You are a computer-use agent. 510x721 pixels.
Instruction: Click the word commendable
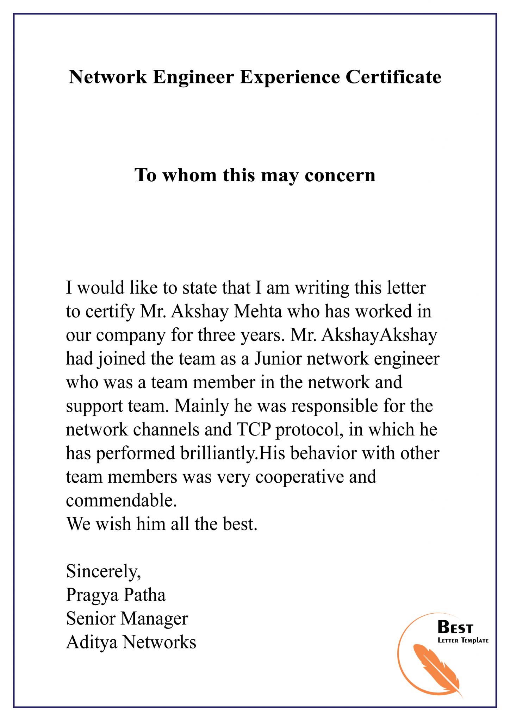[121, 500]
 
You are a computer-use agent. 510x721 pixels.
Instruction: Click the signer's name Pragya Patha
[116, 595]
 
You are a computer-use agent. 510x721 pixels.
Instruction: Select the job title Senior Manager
[127, 619]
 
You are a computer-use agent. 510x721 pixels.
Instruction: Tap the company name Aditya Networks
[131, 642]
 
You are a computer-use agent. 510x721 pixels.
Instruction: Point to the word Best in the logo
[455, 627]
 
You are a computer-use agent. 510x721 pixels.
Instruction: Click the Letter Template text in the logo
[463, 640]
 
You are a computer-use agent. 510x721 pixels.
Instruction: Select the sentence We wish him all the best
[162, 524]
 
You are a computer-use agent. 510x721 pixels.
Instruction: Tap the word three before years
[217, 335]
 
